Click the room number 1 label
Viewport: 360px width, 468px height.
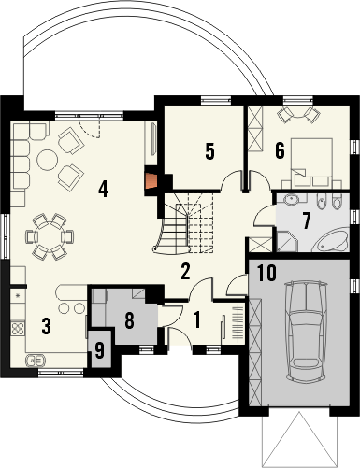tap(197, 321)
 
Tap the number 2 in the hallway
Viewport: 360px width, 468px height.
tap(186, 272)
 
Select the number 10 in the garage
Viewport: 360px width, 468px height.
tap(266, 274)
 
